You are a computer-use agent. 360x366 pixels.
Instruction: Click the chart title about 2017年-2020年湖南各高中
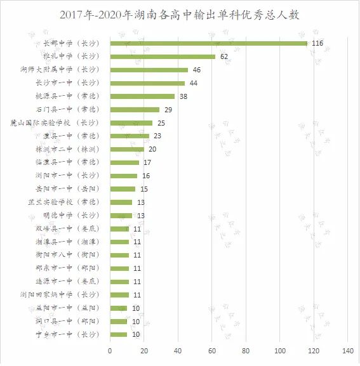(x=180, y=14)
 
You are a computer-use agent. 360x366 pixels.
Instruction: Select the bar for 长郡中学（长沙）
(x=208, y=43)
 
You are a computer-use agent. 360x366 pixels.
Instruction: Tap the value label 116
(x=318, y=43)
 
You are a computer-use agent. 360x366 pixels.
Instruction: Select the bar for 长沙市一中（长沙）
(x=147, y=83)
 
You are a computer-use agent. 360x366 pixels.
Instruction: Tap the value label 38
(x=183, y=96)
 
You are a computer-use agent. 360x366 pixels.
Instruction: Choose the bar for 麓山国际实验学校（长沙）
(x=131, y=122)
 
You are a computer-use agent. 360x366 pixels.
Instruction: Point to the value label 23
(x=157, y=136)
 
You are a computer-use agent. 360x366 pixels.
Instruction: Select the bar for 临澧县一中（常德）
(x=124, y=162)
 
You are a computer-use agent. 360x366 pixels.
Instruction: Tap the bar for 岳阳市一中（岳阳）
(x=123, y=189)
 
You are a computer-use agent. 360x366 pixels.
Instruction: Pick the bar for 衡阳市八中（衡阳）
(x=119, y=255)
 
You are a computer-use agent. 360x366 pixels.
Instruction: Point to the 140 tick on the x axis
(x=347, y=351)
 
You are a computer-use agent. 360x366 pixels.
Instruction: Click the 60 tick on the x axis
(x=211, y=351)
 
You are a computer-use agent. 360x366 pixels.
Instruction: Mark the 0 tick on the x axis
(x=110, y=351)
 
